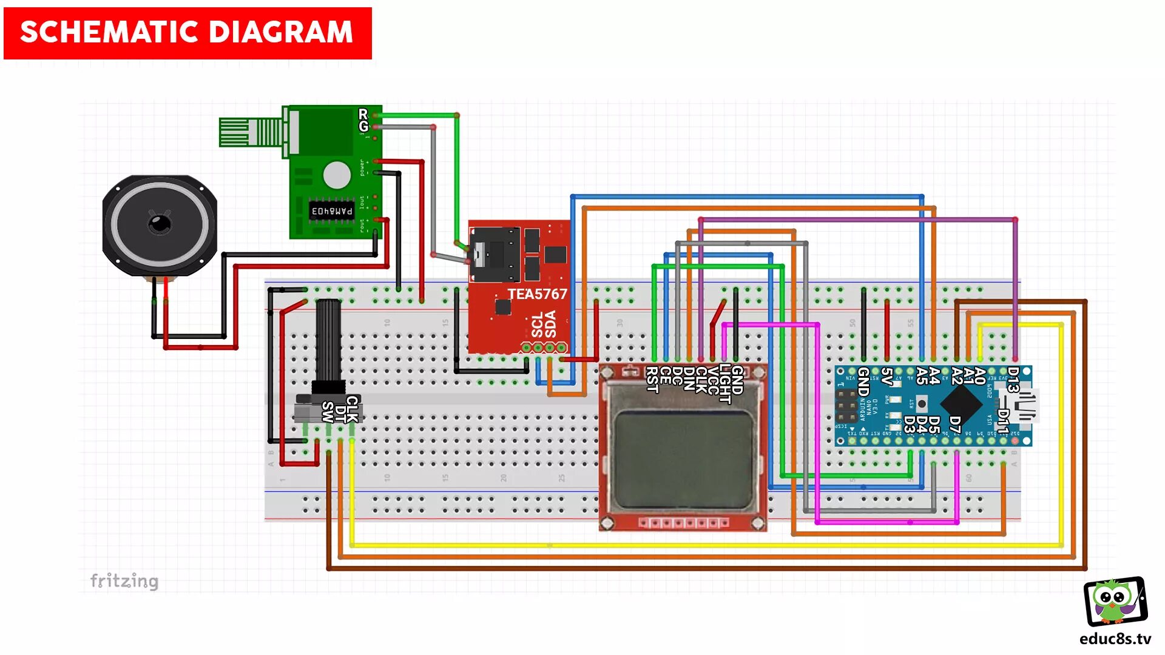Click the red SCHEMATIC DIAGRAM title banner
click(x=187, y=33)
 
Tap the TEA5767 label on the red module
click(x=537, y=294)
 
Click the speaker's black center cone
click(x=160, y=223)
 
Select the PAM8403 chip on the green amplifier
click(x=331, y=211)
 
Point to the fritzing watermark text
click(x=124, y=581)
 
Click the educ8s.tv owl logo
click(x=1115, y=602)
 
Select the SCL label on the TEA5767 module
click(x=537, y=325)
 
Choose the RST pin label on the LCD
click(x=652, y=380)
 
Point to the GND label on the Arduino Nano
click(x=863, y=381)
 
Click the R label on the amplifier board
click(x=363, y=113)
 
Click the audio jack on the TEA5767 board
click(x=495, y=255)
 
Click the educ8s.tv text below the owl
click(x=1115, y=639)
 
